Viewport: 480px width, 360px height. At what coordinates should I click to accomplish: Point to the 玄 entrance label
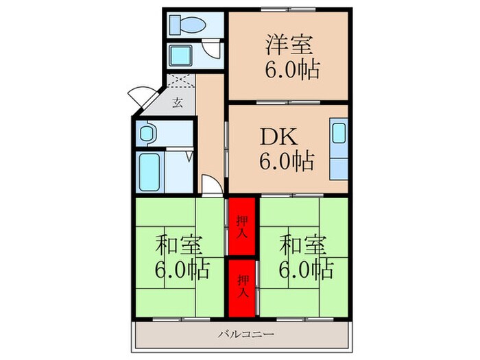[177, 103]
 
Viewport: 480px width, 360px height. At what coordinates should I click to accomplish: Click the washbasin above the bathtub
[147, 133]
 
